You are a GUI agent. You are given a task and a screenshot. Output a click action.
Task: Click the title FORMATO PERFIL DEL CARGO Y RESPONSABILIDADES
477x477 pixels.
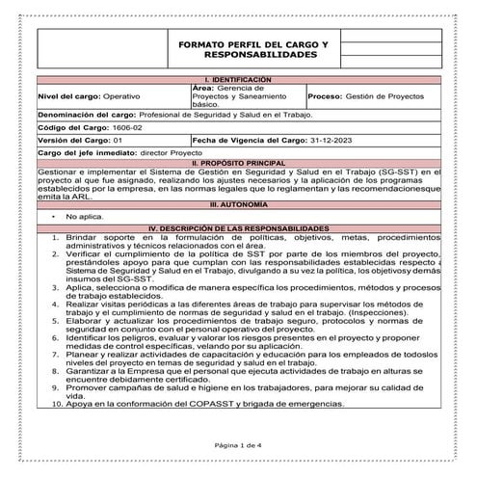[253, 51]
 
